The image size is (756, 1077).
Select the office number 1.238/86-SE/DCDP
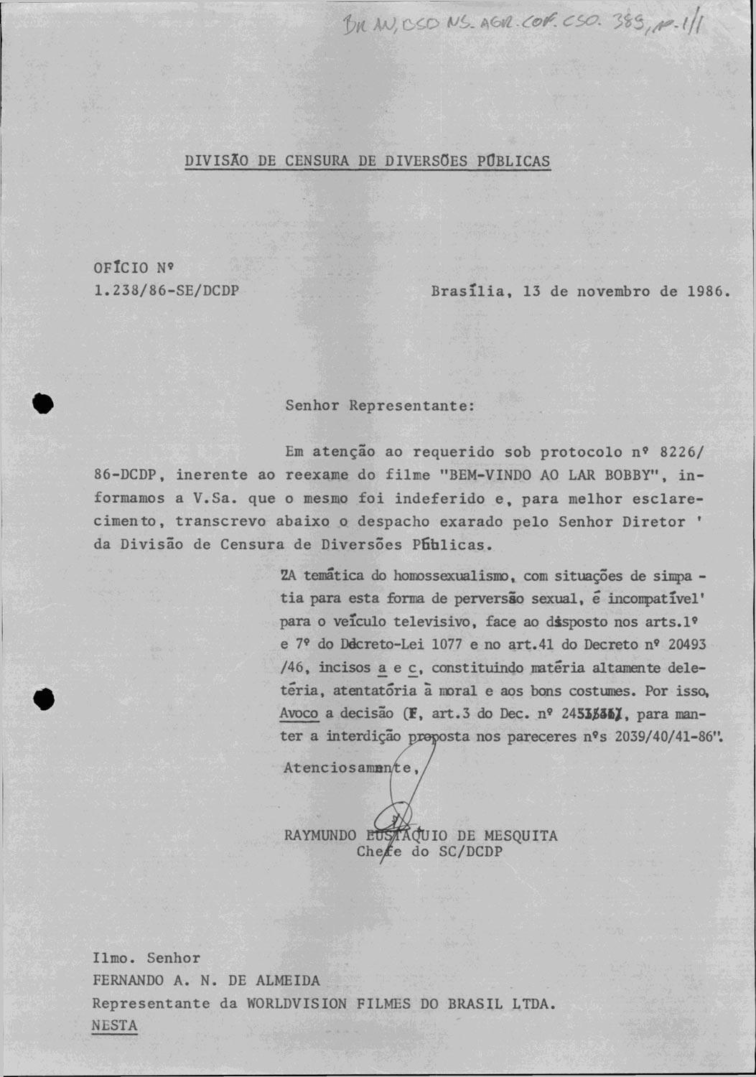point(166,292)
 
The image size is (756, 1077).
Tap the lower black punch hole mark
point(44,698)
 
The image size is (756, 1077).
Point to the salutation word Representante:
point(412,405)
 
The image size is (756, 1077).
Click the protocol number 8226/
point(682,452)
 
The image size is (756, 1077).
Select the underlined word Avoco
point(299,714)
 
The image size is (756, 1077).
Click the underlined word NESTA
point(114,1026)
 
